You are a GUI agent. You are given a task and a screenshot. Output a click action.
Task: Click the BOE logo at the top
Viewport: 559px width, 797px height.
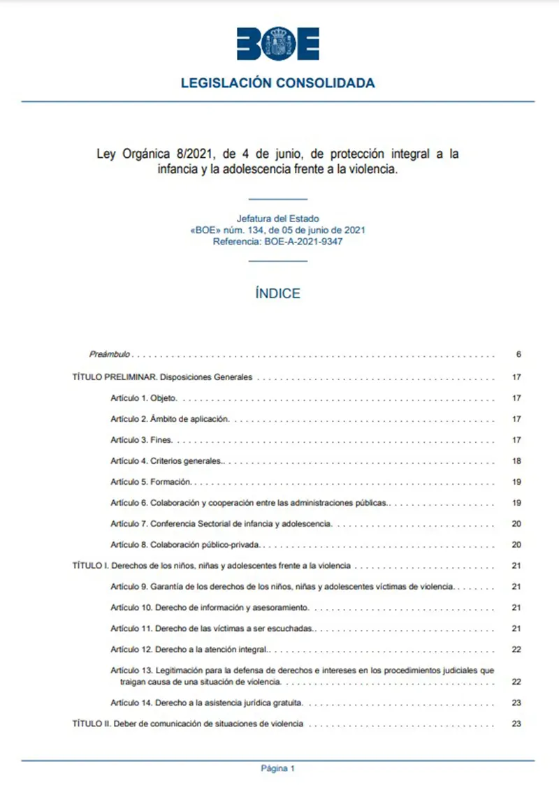click(x=278, y=44)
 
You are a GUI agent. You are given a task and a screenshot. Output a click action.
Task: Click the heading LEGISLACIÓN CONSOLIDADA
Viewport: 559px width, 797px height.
click(x=278, y=83)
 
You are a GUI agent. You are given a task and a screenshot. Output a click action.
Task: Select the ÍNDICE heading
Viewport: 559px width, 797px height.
click(x=278, y=293)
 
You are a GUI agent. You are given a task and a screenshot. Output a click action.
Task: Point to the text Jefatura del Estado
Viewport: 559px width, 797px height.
click(x=278, y=219)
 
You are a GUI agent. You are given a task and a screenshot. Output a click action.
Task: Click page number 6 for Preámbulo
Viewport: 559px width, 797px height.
click(x=518, y=355)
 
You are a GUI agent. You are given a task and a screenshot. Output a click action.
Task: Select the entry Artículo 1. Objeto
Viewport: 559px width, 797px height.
click(x=144, y=399)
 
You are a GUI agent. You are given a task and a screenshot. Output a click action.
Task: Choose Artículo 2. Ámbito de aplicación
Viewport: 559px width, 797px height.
click(x=170, y=420)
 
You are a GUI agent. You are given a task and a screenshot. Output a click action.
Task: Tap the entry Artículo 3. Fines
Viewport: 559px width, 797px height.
click(x=141, y=441)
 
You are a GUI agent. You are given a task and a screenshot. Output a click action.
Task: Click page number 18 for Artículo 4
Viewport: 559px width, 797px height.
click(x=517, y=462)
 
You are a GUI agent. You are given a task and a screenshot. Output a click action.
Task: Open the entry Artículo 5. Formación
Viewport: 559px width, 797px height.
click(x=151, y=483)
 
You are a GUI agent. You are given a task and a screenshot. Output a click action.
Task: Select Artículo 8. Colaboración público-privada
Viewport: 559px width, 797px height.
click(x=185, y=544)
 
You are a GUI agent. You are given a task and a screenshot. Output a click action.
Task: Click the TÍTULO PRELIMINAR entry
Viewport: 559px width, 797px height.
click(x=162, y=378)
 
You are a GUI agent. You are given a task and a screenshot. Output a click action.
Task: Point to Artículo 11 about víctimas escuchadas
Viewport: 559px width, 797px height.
click(x=212, y=629)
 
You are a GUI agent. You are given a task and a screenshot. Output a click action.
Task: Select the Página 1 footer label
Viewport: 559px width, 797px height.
click(x=278, y=769)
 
